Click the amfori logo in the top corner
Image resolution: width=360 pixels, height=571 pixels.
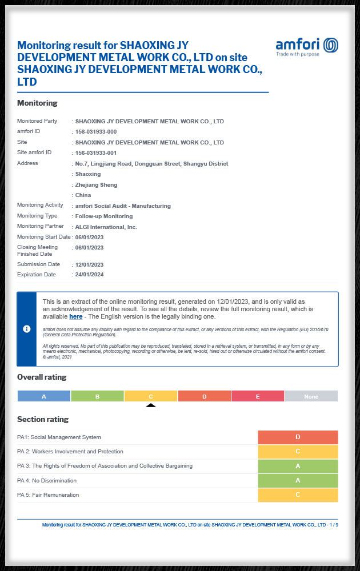[307, 46]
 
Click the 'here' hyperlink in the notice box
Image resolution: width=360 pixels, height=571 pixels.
[76, 316]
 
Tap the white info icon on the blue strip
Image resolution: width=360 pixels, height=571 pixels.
[27, 329]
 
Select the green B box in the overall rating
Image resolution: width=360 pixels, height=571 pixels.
[97, 396]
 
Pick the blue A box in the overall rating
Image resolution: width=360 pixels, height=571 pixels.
[44, 396]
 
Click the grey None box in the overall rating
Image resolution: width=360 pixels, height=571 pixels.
[311, 396]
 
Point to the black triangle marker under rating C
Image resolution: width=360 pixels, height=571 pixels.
[151, 405]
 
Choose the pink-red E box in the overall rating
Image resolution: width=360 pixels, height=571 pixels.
[258, 396]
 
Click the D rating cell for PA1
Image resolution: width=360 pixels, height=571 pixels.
[298, 437]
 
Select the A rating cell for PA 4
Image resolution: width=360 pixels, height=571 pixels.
[298, 481]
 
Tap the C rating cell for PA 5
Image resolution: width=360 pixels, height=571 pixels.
[298, 495]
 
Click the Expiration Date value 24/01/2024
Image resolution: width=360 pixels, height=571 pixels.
[90, 275]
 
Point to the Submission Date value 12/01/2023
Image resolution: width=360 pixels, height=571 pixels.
[90, 264]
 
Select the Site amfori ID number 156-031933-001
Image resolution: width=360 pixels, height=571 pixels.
[96, 152]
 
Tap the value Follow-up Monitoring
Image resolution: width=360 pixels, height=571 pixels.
[104, 216]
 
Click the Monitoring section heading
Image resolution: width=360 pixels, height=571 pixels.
[37, 103]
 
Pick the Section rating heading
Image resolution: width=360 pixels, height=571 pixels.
[43, 419]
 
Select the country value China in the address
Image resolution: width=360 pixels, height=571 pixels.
[83, 195]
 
